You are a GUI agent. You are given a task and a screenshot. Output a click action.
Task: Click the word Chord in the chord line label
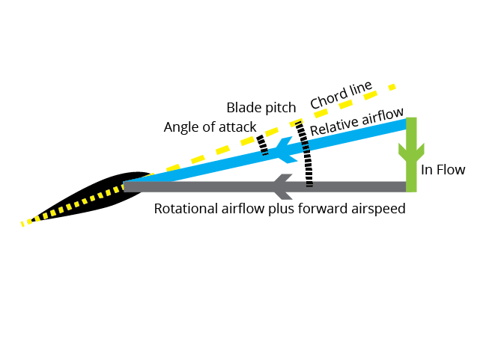pos(329,98)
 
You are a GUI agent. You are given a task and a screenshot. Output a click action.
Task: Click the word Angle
pos(180,127)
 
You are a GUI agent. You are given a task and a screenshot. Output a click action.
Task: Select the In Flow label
pos(443,170)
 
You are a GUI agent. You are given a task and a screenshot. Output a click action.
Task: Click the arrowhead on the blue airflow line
pos(286,150)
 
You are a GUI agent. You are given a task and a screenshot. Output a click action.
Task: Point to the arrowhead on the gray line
pos(283,186)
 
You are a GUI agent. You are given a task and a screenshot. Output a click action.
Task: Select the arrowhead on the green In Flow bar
pos(411,153)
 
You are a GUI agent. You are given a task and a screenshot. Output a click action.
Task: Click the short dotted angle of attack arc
pos(262,145)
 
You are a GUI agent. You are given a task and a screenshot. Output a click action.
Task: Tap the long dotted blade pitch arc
pos(306,153)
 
